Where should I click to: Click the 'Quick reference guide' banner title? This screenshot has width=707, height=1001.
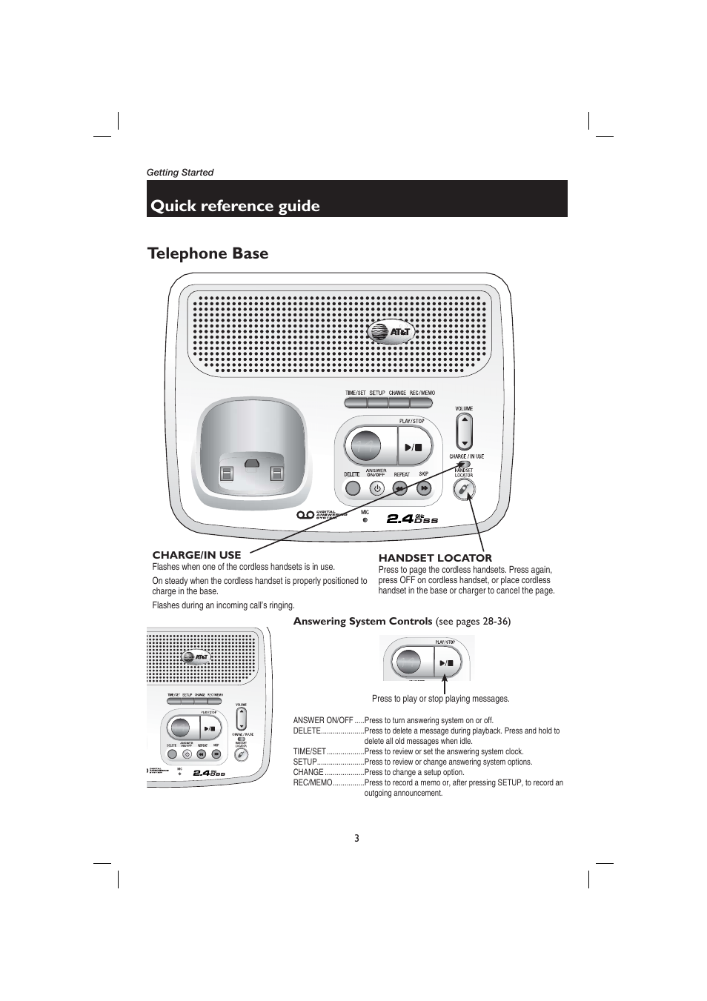(235, 206)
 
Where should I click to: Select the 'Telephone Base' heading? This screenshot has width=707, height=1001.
(208, 253)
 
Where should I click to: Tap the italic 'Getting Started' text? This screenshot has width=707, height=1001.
(179, 173)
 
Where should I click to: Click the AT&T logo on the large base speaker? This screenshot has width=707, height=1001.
(389, 333)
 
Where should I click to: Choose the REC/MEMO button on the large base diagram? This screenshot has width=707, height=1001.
(421, 402)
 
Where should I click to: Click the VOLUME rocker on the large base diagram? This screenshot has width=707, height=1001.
(464, 430)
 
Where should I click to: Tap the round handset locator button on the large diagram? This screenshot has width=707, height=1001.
(464, 488)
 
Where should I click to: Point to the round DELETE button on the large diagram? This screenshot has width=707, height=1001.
(352, 488)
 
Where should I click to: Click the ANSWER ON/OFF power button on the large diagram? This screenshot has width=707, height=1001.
(376, 488)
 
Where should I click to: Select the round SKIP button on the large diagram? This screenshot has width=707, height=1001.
(424, 488)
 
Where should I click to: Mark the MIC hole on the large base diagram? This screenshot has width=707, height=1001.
(365, 519)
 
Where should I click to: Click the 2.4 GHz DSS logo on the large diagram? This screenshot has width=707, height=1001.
(412, 519)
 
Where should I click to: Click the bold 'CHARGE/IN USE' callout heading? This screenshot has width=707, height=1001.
(196, 555)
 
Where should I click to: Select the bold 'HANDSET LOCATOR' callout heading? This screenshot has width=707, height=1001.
(435, 558)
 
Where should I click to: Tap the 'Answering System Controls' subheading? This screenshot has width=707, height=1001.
(362, 621)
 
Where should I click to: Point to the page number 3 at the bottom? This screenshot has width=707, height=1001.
(356, 838)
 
